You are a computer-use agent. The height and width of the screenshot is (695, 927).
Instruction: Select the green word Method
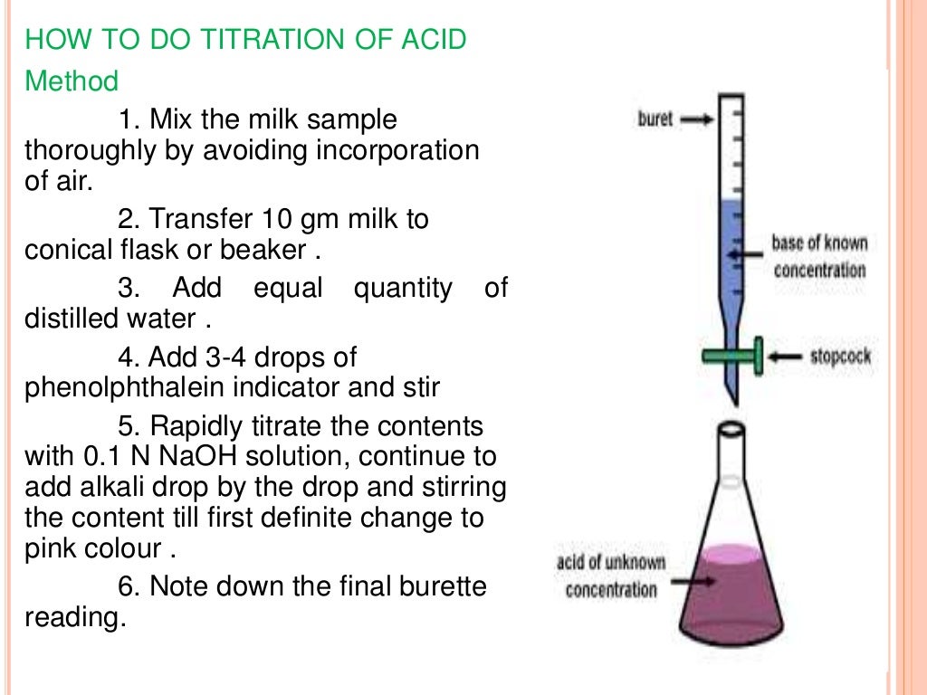pyautogui.click(x=72, y=82)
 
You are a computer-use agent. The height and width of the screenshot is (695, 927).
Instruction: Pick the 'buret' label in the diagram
pyautogui.click(x=655, y=119)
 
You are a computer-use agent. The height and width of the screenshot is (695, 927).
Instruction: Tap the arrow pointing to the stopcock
pyautogui.click(x=785, y=357)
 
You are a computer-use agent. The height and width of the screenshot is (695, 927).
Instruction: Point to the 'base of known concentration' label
pyautogui.click(x=819, y=256)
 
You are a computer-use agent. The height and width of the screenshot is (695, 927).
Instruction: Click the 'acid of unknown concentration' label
pyautogui.click(x=610, y=576)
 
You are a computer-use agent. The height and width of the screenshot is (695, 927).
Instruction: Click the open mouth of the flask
pyautogui.click(x=732, y=426)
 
